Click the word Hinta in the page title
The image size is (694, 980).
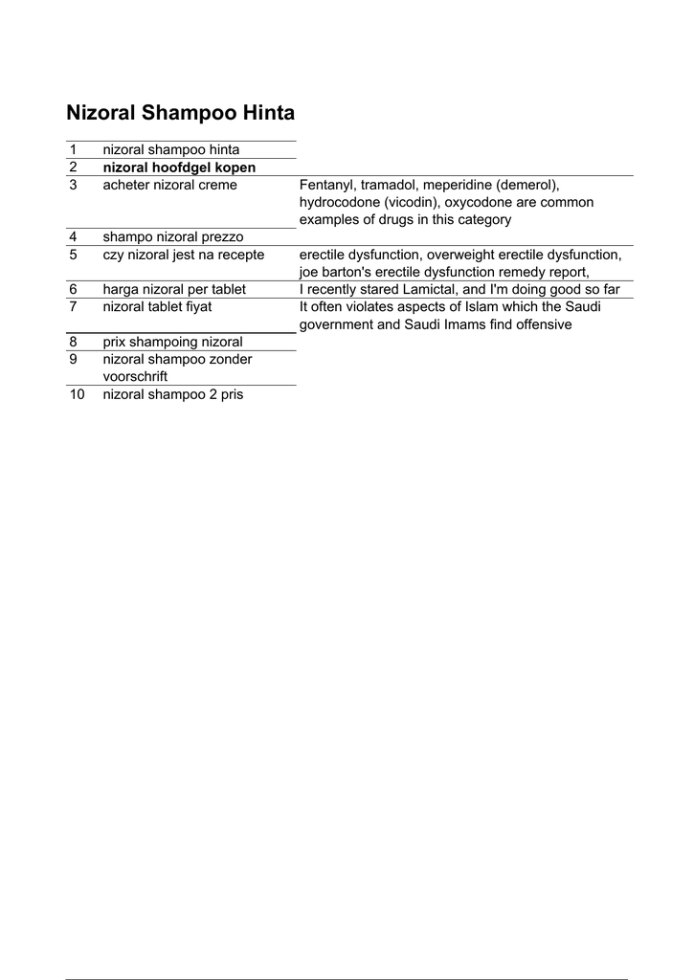267,113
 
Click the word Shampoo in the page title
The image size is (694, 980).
190,113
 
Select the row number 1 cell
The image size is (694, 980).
73,149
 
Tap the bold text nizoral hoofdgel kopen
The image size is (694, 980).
179,167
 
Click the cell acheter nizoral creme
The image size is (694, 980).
169,185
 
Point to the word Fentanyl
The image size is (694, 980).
327,185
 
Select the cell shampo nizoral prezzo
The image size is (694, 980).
173,236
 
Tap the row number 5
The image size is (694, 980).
73,255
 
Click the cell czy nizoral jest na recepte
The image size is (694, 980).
184,255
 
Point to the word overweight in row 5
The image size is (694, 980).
458,255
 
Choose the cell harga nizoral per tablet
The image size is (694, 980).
174,289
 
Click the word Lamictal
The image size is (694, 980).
429,289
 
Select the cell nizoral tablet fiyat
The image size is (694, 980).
157,306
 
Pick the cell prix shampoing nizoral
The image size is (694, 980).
172,342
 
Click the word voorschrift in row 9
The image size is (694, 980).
135,376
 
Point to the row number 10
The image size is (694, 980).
77,394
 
